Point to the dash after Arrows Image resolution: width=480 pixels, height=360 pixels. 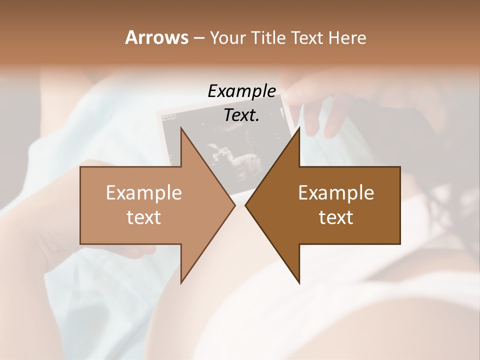click(x=198, y=38)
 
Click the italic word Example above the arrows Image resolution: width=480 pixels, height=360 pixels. click(x=241, y=91)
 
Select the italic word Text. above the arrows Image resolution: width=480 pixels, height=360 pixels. click(x=241, y=115)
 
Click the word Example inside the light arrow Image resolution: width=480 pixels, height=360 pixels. click(x=144, y=192)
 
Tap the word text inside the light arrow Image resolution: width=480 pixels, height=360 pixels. click(x=144, y=217)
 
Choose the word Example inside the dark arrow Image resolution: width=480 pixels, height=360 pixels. click(x=336, y=192)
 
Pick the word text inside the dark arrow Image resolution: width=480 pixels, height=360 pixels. click(x=336, y=217)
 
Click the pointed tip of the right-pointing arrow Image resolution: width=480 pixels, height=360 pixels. click(x=235, y=205)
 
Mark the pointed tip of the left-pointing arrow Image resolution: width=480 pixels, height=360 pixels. click(x=246, y=205)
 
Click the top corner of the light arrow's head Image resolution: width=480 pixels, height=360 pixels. click(x=181, y=128)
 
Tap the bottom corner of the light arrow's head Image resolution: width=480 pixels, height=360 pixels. click(x=181, y=282)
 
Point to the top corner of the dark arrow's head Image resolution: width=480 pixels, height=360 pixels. click(x=299, y=128)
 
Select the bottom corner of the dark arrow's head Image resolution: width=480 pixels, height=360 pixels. click(x=299, y=282)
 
